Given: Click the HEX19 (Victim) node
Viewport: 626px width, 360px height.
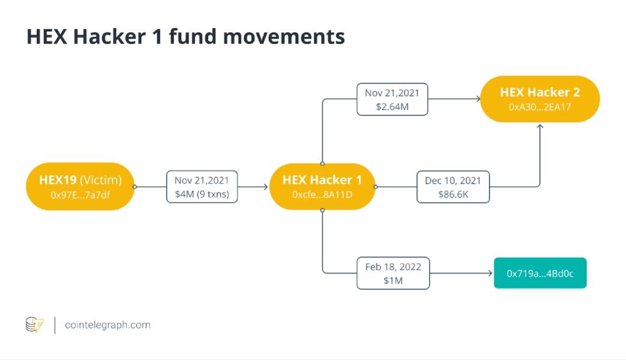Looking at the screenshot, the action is click(x=80, y=187).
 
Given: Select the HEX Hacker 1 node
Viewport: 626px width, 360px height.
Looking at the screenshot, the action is click(x=322, y=187).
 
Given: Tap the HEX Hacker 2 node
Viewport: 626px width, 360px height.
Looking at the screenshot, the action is click(x=540, y=99).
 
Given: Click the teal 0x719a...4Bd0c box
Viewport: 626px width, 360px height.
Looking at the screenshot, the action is click(x=540, y=273).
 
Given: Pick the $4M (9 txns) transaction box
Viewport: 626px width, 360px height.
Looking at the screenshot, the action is click(x=202, y=187).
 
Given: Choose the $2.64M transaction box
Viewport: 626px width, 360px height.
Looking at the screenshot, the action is click(x=392, y=100).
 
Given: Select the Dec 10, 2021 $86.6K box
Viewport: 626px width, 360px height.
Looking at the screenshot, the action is click(x=453, y=187).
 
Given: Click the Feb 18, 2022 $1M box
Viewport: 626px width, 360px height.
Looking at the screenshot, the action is click(x=393, y=274).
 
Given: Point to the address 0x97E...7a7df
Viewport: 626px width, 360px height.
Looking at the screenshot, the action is click(x=80, y=195).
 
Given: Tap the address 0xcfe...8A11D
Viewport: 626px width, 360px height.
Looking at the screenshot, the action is click(x=322, y=195).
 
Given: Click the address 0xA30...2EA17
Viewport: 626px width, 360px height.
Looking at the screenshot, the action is click(x=540, y=107).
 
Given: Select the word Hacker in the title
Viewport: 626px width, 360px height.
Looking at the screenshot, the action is click(x=109, y=37).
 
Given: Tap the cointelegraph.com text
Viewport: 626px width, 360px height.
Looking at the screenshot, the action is click(x=107, y=325).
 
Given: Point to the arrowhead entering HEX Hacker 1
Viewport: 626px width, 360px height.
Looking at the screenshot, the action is click(x=265, y=187).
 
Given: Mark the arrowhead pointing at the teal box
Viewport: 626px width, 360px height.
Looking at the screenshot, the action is click(x=490, y=274).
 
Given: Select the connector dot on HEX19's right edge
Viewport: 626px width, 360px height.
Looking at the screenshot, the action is click(x=135, y=187).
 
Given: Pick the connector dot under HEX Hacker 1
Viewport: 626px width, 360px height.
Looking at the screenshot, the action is click(x=322, y=211).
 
